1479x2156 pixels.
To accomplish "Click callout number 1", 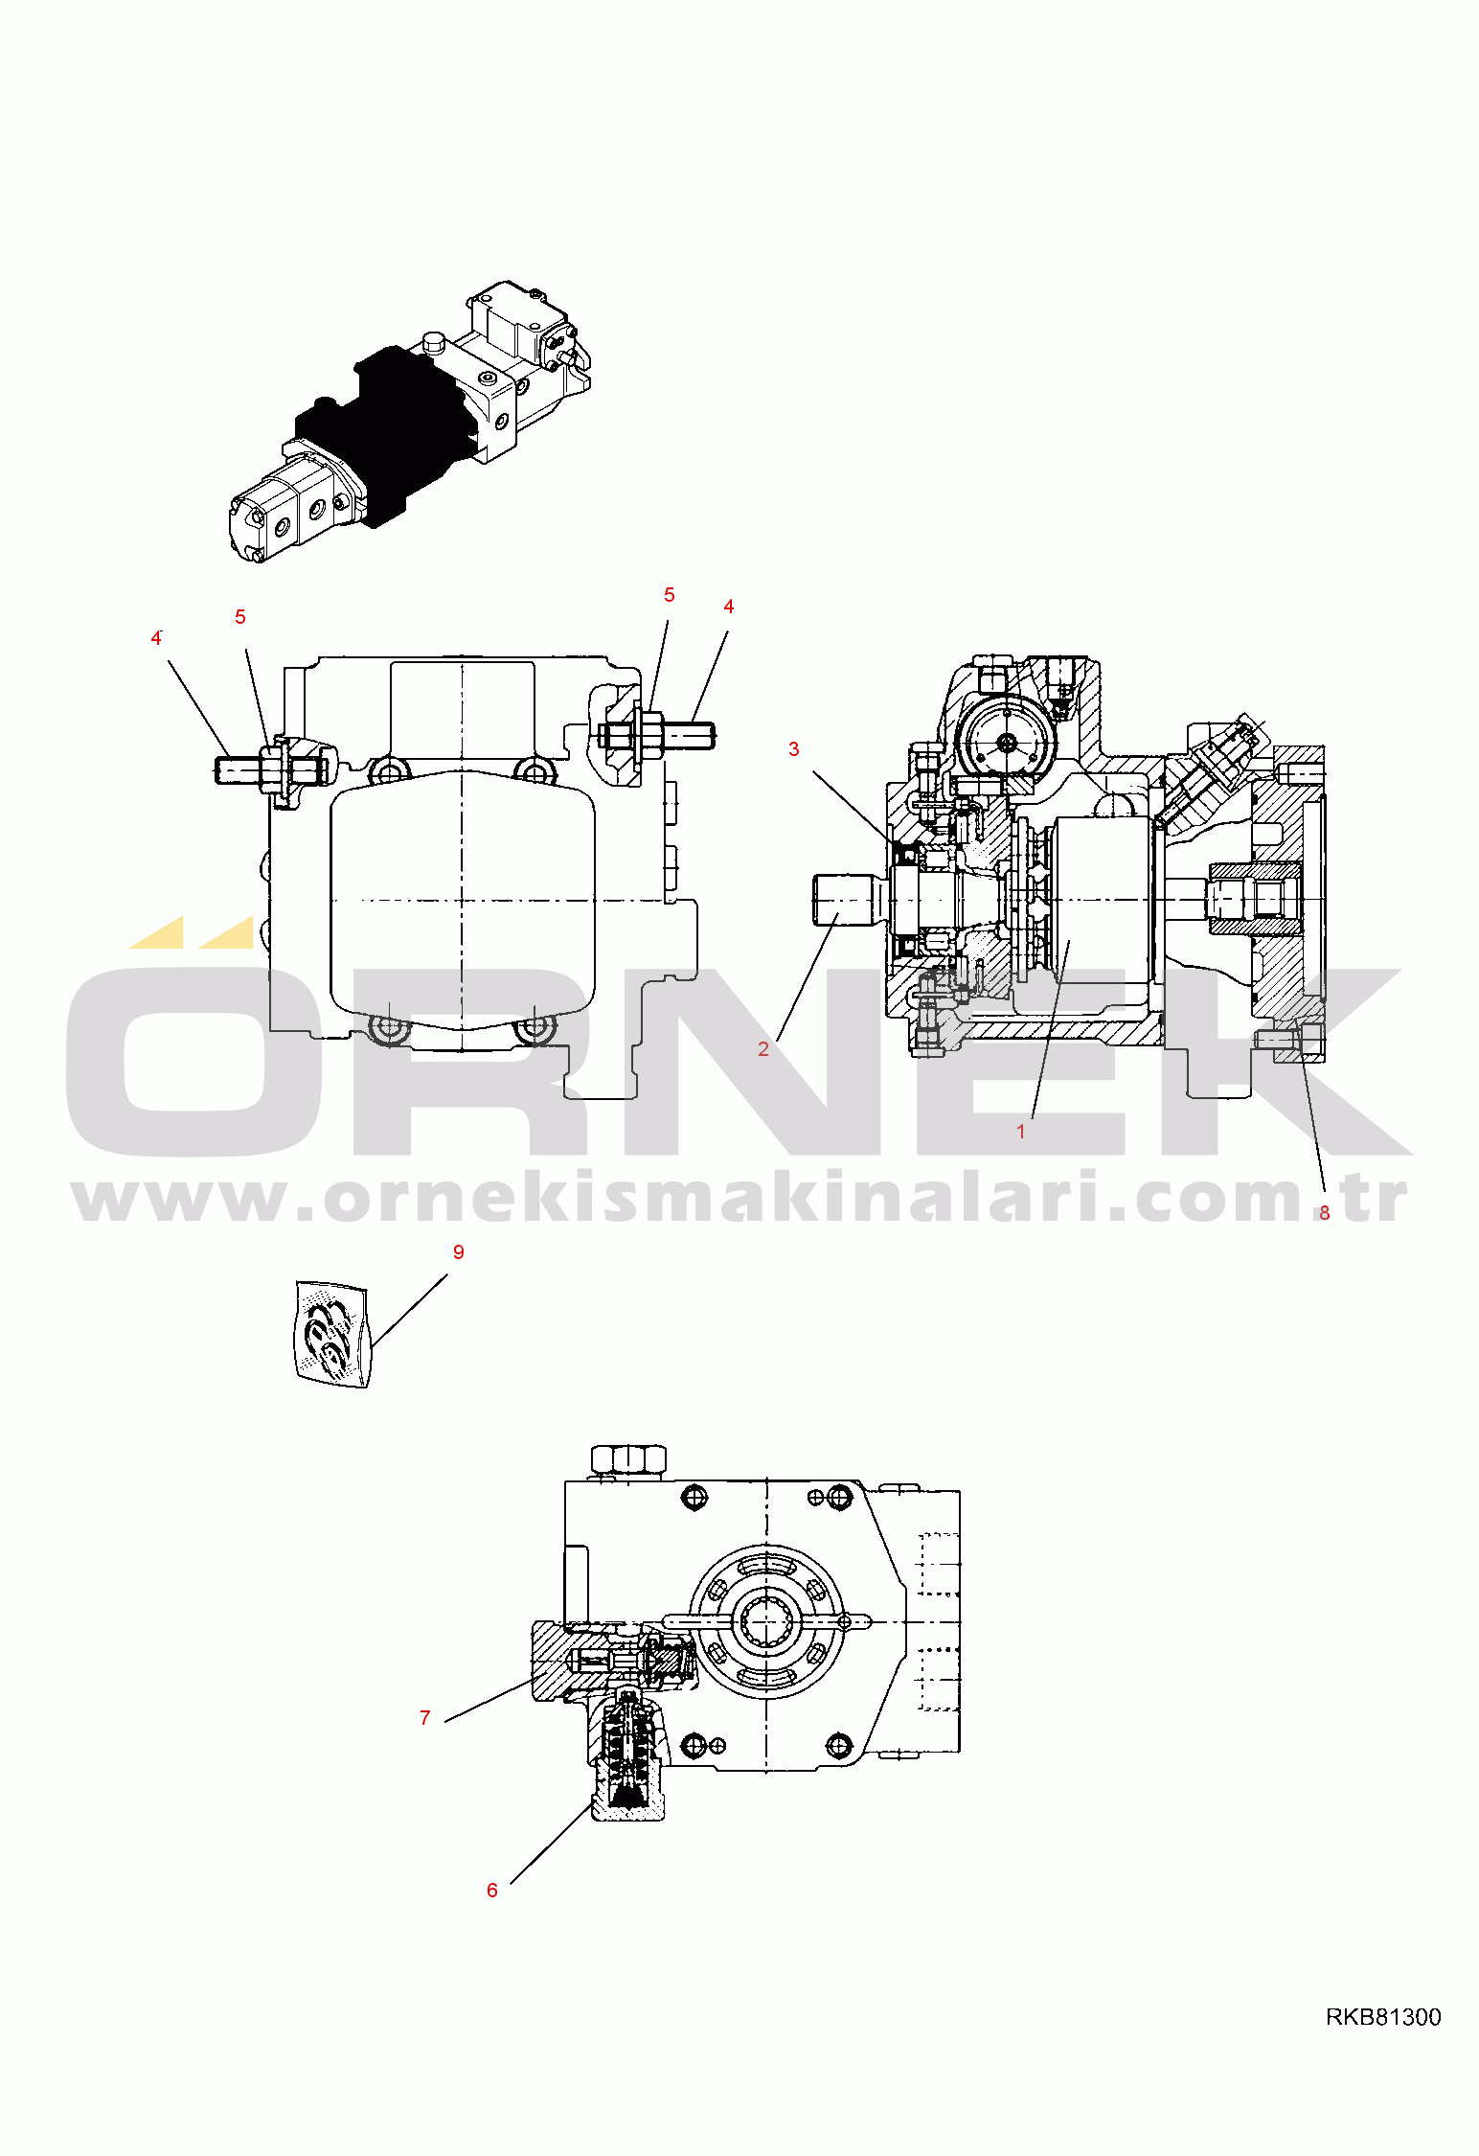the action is pyautogui.click(x=1021, y=1132).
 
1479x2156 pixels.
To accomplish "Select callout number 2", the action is pyautogui.click(x=763, y=1049).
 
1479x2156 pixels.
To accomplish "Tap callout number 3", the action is pyautogui.click(x=794, y=749).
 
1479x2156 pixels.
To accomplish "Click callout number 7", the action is pyautogui.click(x=425, y=1718).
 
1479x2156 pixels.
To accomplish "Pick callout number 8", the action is pyautogui.click(x=1325, y=1213).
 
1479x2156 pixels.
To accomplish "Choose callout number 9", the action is pyautogui.click(x=459, y=1252).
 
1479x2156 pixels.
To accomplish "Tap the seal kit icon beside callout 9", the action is pyautogui.click(x=330, y=1333).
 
